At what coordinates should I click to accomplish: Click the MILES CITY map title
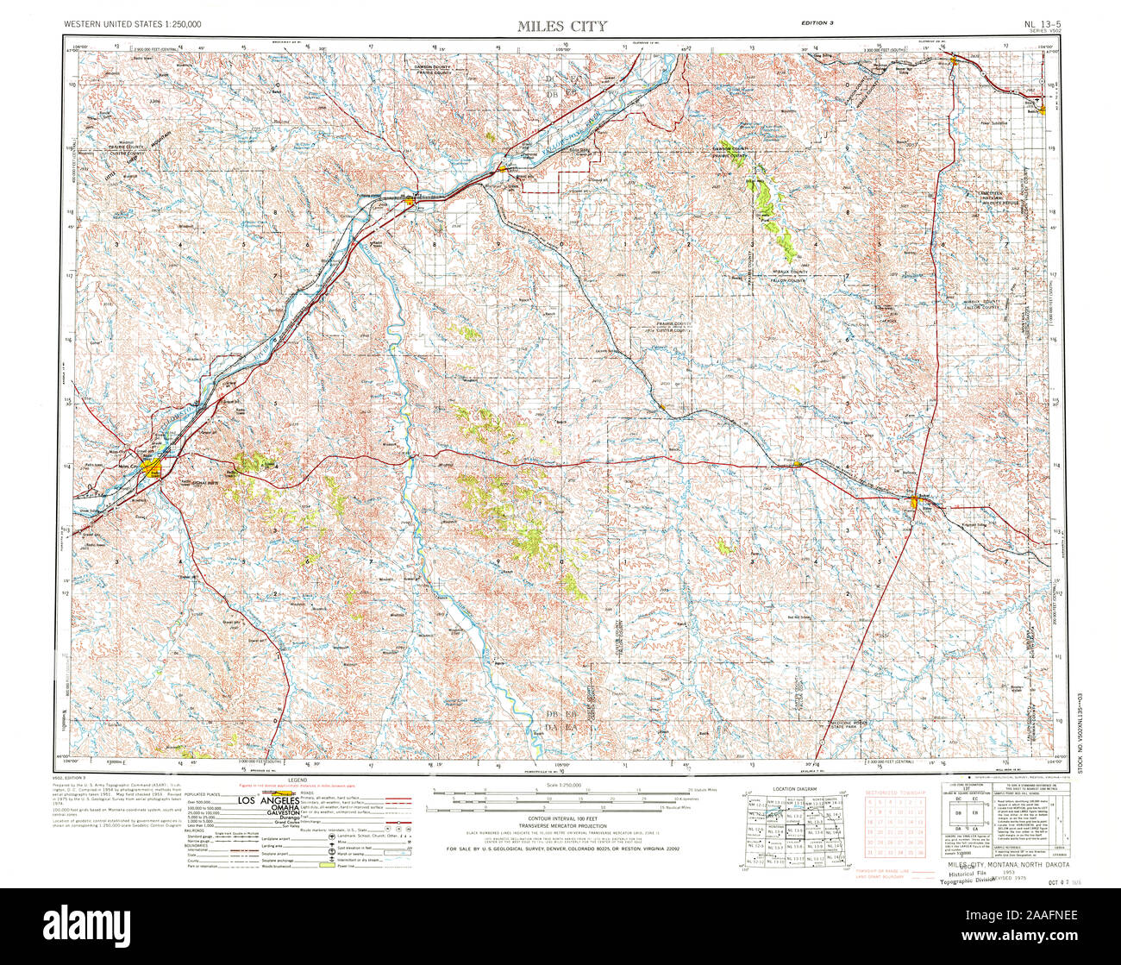561,25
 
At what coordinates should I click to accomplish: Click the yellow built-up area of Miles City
153,468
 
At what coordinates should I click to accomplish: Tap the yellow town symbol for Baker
916,502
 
